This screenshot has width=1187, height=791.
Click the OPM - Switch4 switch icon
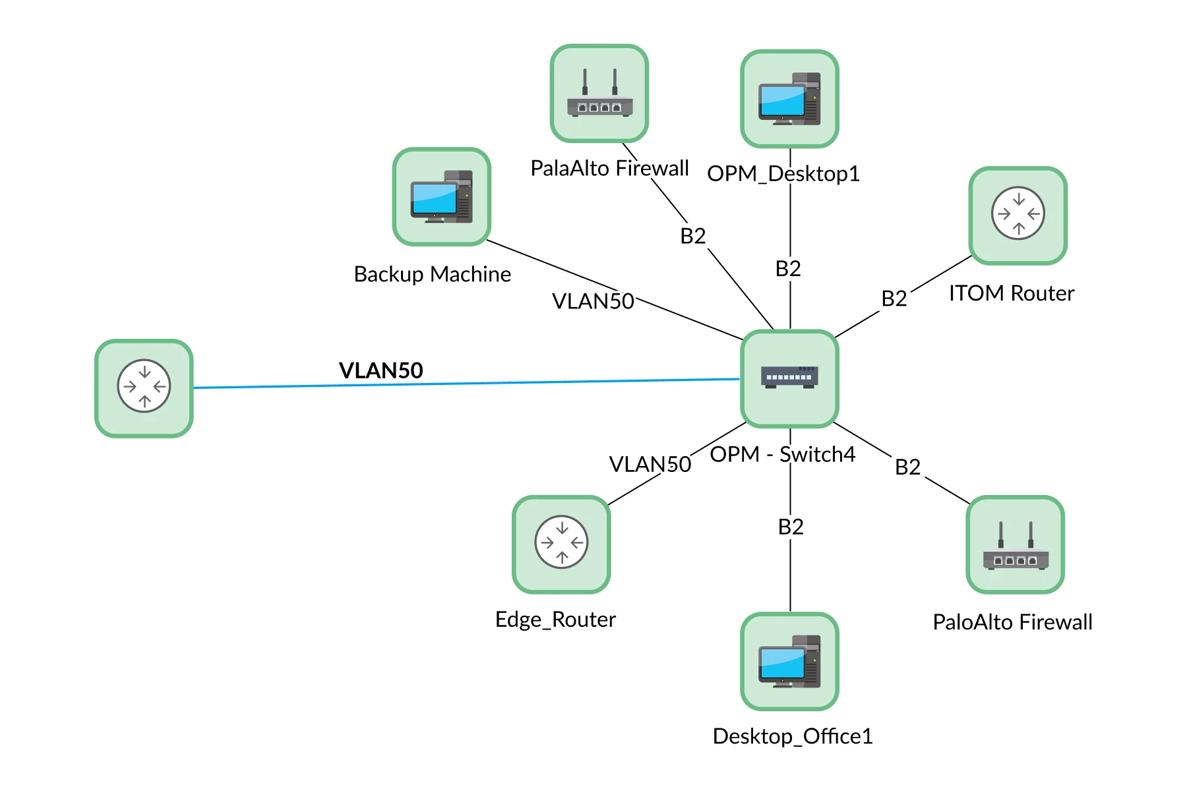pyautogui.click(x=789, y=378)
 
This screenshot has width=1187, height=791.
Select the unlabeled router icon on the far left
pyautogui.click(x=144, y=388)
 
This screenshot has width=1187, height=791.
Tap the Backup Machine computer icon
pyautogui.click(x=441, y=196)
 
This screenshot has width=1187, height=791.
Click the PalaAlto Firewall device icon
pyautogui.click(x=599, y=93)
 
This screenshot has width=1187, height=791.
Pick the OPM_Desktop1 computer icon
pyautogui.click(x=789, y=99)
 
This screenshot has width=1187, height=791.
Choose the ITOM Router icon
pyautogui.click(x=1018, y=215)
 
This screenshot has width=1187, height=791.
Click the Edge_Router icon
pyautogui.click(x=561, y=544)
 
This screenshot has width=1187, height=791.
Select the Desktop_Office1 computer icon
pyautogui.click(x=789, y=661)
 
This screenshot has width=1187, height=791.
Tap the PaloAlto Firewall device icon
pyautogui.click(x=1015, y=544)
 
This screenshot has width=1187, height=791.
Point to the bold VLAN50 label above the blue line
pyautogui.click(x=380, y=370)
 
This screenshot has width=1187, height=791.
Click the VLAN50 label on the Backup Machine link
pyautogui.click(x=593, y=301)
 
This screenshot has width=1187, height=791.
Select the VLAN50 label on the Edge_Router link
pyautogui.click(x=650, y=464)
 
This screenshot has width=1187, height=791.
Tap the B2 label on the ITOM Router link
pyautogui.click(x=894, y=299)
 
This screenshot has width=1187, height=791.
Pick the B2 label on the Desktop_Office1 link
pyautogui.click(x=791, y=527)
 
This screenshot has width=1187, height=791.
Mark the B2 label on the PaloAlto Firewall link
pyautogui.click(x=907, y=467)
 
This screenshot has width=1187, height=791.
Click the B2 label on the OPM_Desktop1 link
pyautogui.click(x=788, y=269)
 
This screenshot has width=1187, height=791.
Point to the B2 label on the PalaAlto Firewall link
pyautogui.click(x=692, y=236)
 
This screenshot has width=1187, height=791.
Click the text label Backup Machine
pyautogui.click(x=432, y=274)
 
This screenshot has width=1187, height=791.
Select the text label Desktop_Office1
pyautogui.click(x=792, y=736)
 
